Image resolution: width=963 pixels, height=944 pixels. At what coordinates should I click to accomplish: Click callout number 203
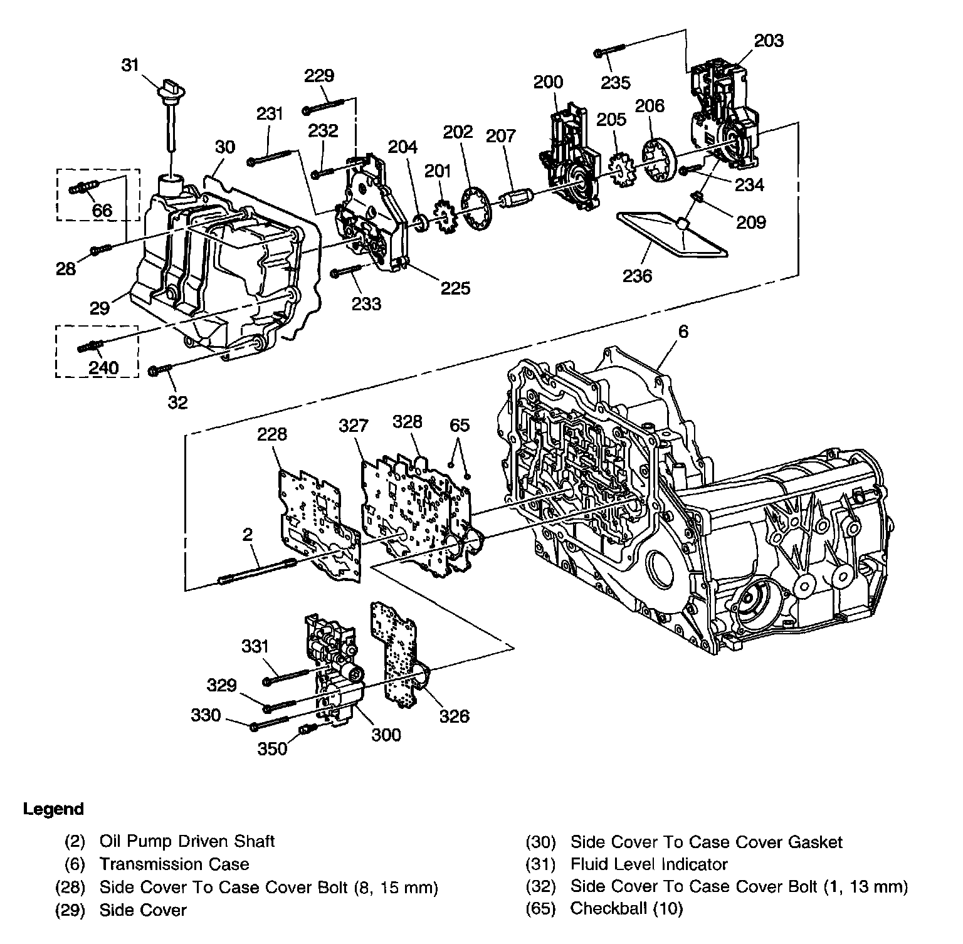[x=769, y=41]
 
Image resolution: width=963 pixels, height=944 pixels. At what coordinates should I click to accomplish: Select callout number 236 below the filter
[x=637, y=275]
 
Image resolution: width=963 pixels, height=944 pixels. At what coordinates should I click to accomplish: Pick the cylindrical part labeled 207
[x=517, y=198]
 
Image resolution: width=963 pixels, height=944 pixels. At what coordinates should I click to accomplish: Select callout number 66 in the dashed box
[x=102, y=209]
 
